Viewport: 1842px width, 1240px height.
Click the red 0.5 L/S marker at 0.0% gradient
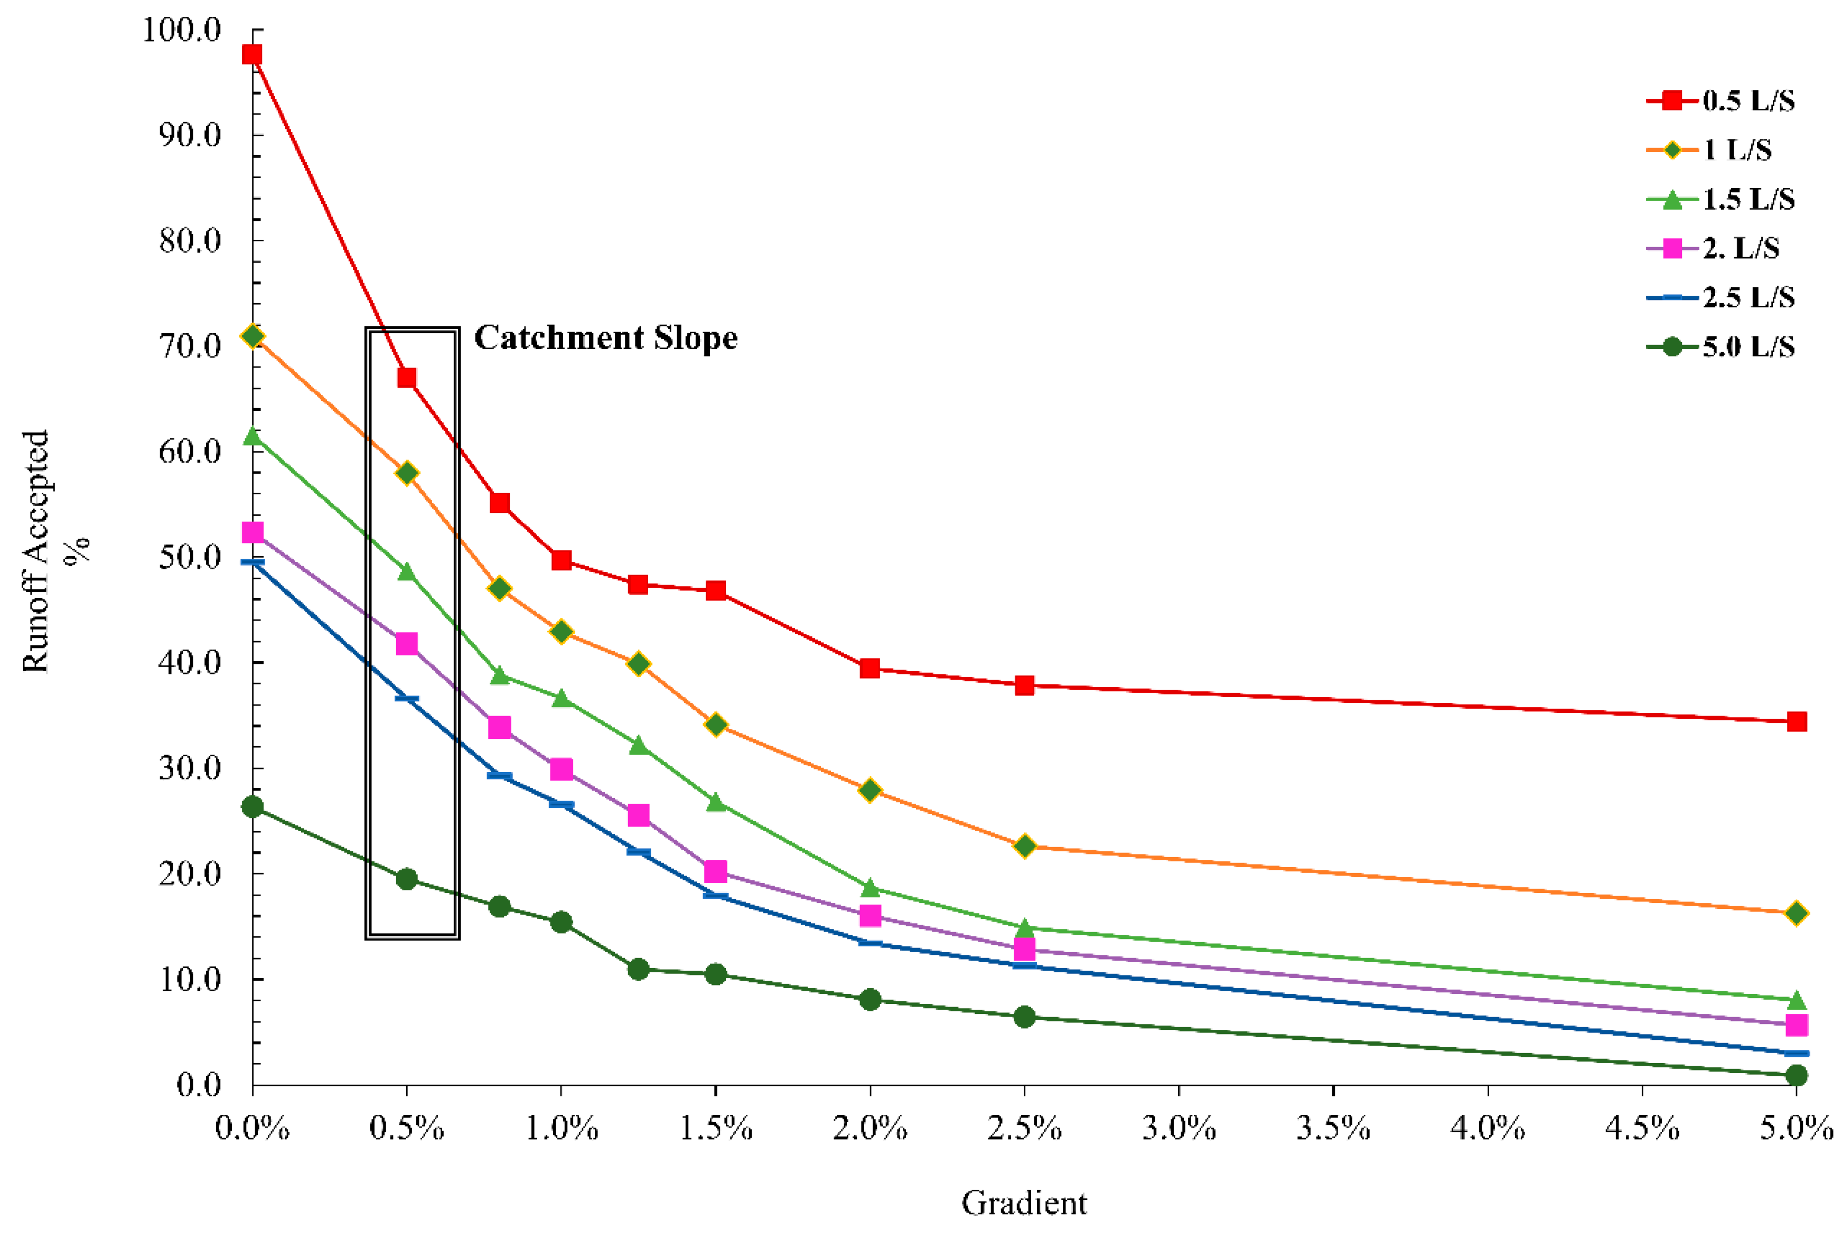pos(253,54)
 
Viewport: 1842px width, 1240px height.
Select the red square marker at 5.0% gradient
pos(1796,721)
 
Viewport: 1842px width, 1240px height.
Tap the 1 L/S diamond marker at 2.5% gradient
pos(1024,846)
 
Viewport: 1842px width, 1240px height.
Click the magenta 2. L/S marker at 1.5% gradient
pos(716,871)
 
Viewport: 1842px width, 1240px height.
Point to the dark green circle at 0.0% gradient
pos(253,806)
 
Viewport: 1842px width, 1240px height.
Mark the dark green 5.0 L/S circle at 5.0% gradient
pos(1796,1076)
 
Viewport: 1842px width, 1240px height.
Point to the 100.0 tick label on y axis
pos(181,30)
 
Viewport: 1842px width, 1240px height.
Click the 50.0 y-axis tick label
pos(190,558)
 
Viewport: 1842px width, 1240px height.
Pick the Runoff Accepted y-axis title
pos(35,551)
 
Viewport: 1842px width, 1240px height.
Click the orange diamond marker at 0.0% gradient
pos(253,336)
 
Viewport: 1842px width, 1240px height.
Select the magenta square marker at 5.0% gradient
pos(1796,1025)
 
